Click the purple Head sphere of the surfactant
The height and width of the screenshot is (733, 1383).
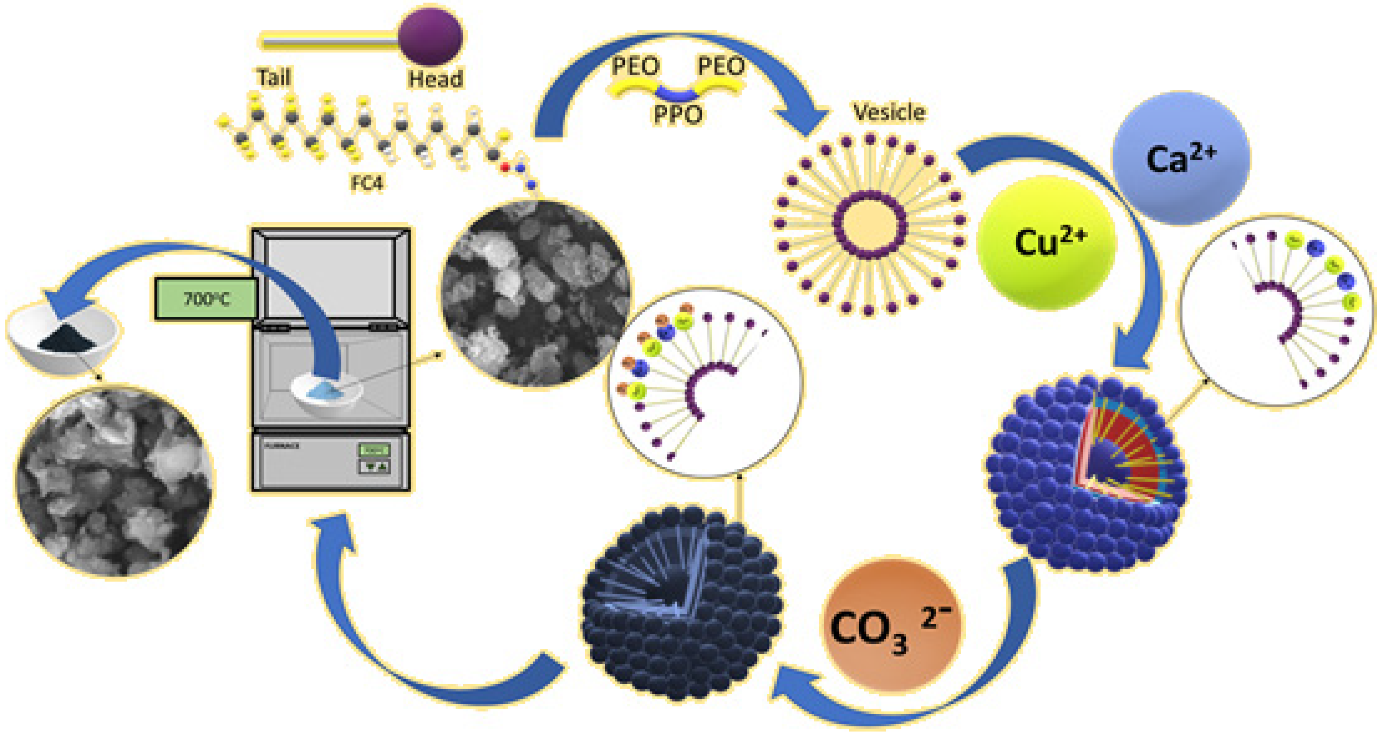point(431,36)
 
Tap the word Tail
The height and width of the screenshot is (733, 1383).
point(274,77)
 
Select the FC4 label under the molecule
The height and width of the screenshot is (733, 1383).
point(367,183)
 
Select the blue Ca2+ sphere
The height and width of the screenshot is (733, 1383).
point(1181,158)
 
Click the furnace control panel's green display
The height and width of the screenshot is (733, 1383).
point(374,450)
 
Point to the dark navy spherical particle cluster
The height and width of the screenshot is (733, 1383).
point(682,604)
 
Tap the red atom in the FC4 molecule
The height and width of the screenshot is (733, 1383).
point(505,168)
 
